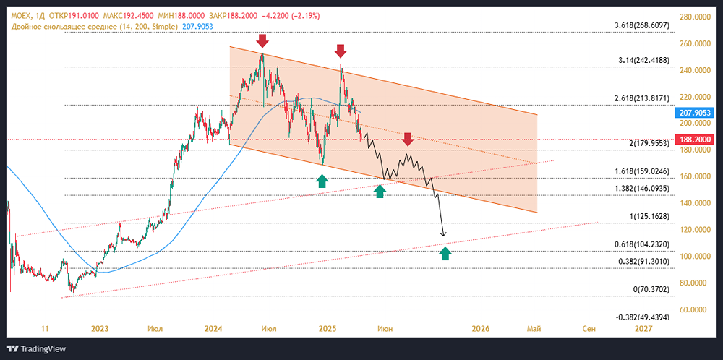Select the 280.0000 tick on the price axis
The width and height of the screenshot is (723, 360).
(x=693, y=17)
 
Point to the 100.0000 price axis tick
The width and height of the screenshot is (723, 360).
(x=693, y=257)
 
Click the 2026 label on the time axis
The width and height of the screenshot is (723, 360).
(x=481, y=329)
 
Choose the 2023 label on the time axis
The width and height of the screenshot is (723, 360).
(x=100, y=329)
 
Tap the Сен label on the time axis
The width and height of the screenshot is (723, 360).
(x=589, y=329)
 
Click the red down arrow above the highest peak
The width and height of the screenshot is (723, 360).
(x=262, y=40)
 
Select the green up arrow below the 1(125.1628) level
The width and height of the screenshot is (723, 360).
(x=445, y=253)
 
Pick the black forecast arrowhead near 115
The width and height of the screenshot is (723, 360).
(x=444, y=234)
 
